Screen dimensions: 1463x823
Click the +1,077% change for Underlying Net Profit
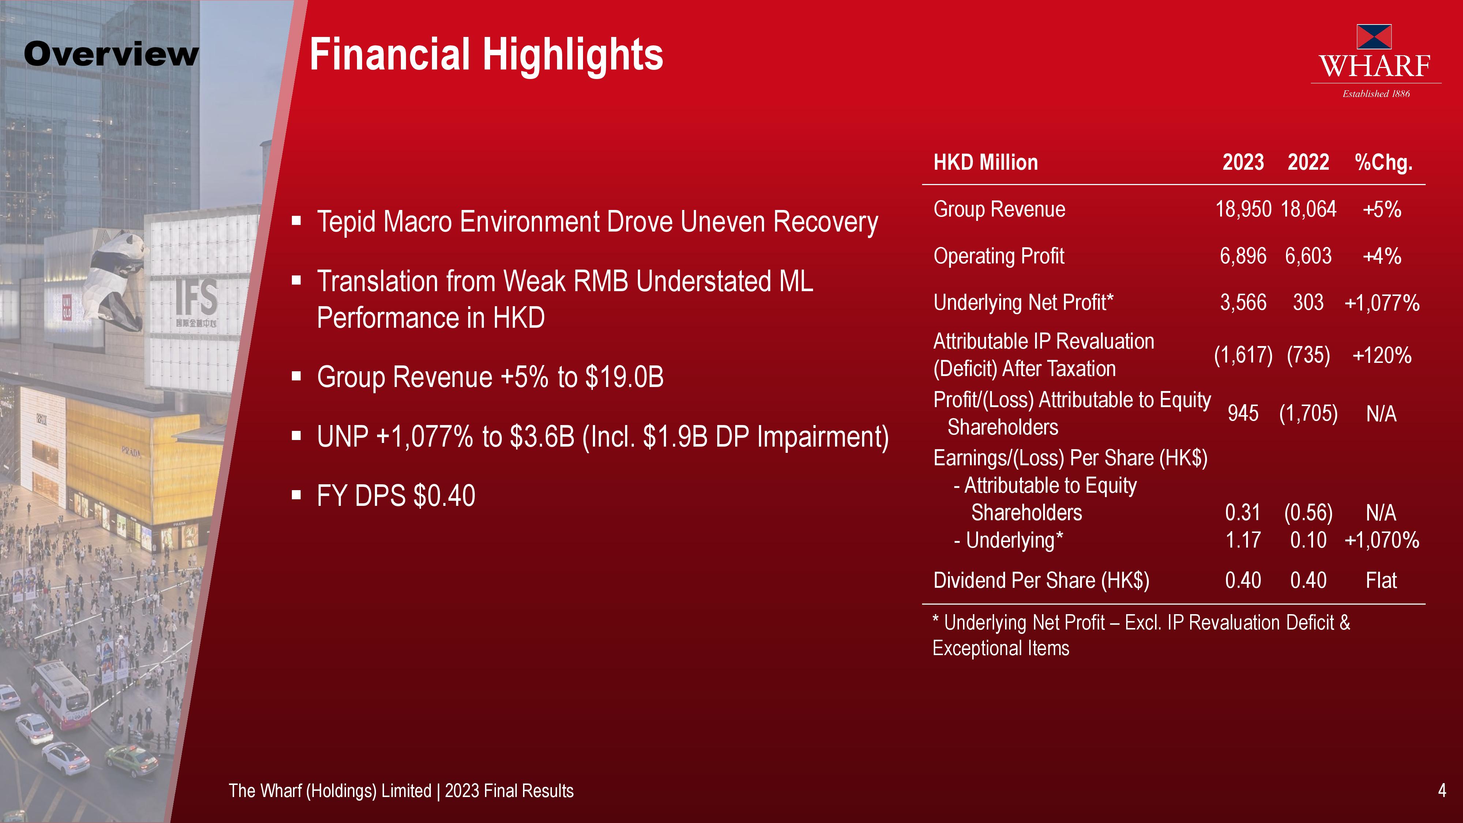(x=1382, y=303)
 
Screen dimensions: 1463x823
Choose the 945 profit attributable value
(x=1243, y=413)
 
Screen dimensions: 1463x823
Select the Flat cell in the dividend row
(x=1381, y=580)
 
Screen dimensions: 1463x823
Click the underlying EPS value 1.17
(x=1243, y=540)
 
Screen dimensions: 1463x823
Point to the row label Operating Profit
(x=999, y=256)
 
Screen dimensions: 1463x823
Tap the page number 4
(x=1441, y=790)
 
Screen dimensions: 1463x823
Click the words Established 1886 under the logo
(x=1376, y=94)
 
